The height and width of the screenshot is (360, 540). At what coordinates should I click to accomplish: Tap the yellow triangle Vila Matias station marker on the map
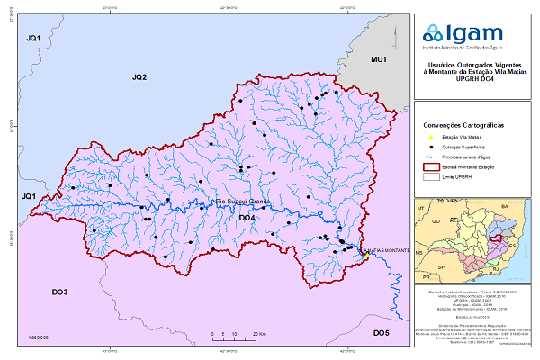click(x=366, y=255)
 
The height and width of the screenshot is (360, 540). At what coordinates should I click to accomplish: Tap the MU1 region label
click(x=379, y=59)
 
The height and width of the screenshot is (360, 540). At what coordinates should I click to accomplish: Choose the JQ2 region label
click(x=139, y=78)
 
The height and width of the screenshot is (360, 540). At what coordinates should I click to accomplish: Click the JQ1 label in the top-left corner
click(x=34, y=38)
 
